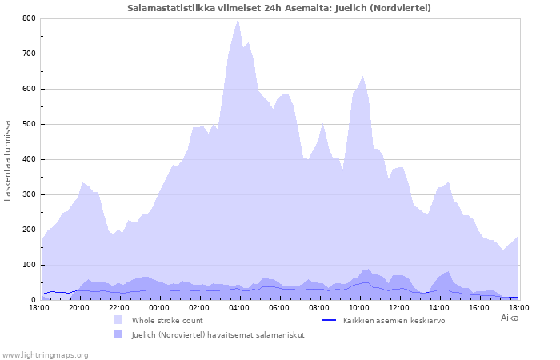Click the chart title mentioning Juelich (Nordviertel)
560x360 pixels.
pyautogui.click(x=279, y=8)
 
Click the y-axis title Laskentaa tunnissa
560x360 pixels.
pyautogui.click(x=9, y=160)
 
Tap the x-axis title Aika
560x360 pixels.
pyautogui.click(x=510, y=318)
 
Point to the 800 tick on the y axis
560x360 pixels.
pyautogui.click(x=29, y=18)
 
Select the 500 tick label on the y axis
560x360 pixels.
pyautogui.click(x=29, y=124)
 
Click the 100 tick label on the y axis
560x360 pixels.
pyautogui.click(x=29, y=265)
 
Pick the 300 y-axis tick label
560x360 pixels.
pyautogui.click(x=29, y=194)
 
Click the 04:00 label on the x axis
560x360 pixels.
pyautogui.click(x=239, y=307)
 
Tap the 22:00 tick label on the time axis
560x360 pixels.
pyautogui.click(x=119, y=307)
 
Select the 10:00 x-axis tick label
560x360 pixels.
pyautogui.click(x=359, y=307)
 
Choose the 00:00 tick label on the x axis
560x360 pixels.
pyautogui.click(x=159, y=307)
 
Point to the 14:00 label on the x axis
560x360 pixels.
pyautogui.click(x=439, y=307)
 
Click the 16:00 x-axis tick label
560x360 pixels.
pyautogui.click(x=479, y=307)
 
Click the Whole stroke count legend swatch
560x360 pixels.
pyautogui.click(x=118, y=320)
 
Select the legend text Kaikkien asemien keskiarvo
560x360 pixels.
pyautogui.click(x=394, y=320)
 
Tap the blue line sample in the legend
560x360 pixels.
pyautogui.click(x=328, y=320)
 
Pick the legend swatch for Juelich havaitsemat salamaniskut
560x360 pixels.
pyautogui.click(x=118, y=334)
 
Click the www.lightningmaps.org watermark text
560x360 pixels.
pyautogui.click(x=45, y=354)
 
